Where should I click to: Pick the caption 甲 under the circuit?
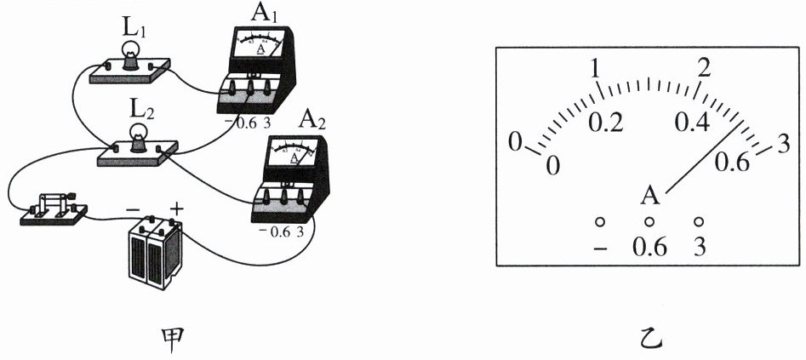(x=163, y=340)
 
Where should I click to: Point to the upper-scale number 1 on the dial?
(x=597, y=68)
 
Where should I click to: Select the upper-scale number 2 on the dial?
(x=703, y=67)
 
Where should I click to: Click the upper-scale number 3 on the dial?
(x=784, y=142)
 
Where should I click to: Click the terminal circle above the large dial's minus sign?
(x=600, y=222)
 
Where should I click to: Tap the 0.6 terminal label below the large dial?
(x=649, y=249)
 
